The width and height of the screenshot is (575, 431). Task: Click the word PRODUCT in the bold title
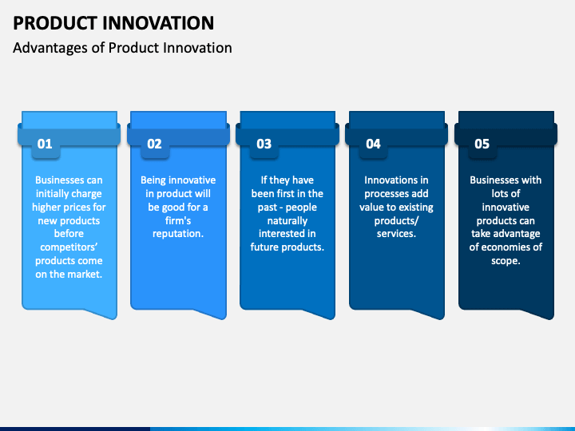tap(55, 22)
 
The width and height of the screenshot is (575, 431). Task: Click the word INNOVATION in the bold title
tap(158, 22)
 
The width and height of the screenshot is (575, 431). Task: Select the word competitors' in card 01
tap(69, 247)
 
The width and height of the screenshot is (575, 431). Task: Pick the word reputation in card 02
tap(176, 234)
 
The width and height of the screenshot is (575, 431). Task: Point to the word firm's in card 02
tap(178, 220)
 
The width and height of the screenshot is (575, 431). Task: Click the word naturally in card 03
tap(287, 221)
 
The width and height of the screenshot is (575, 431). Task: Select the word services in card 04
tap(395, 234)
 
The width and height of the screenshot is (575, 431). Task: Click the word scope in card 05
tap(505, 261)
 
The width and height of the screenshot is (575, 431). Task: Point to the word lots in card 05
tap(500, 193)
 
